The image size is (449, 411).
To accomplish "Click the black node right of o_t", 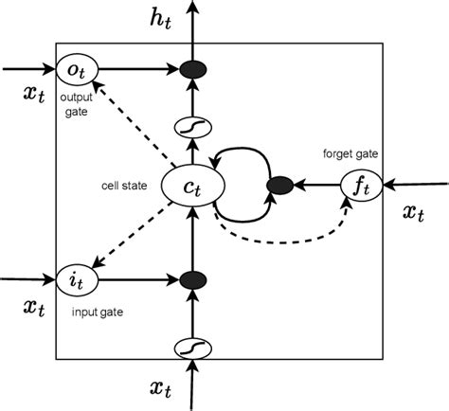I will pyautogui.click(x=192, y=69).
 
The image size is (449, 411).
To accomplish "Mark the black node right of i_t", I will pyautogui.click(x=192, y=279).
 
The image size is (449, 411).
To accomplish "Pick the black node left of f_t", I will pyautogui.click(x=278, y=185).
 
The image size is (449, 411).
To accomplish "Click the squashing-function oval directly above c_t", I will pyautogui.click(x=192, y=125).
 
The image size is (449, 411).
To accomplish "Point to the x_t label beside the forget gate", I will pyautogui.click(x=413, y=213).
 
